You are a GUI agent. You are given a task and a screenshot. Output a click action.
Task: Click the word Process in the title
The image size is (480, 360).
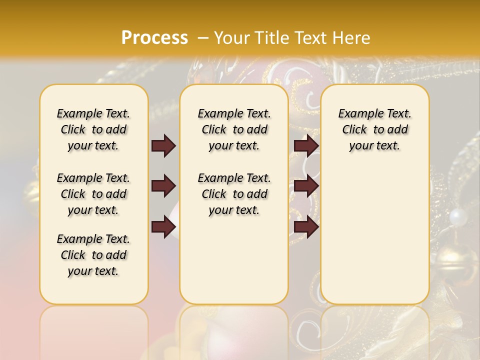point(154,38)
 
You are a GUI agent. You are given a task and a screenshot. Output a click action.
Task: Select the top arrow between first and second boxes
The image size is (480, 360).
point(163,146)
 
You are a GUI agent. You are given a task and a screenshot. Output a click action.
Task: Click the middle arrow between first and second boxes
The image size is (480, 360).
point(163,186)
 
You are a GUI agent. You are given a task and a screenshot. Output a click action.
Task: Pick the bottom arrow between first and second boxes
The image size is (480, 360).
point(163,227)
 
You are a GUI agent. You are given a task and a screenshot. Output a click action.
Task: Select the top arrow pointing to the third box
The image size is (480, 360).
point(306,146)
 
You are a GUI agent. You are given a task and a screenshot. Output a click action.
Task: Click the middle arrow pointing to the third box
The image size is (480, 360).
point(306,186)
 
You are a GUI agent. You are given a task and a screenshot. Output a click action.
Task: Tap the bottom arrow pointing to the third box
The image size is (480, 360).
point(306,227)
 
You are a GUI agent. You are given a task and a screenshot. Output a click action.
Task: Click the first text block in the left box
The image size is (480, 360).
point(93,129)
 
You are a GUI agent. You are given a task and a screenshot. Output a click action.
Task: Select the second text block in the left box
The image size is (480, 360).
point(93,194)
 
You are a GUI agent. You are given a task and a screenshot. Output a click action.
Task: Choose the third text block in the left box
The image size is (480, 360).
point(93,255)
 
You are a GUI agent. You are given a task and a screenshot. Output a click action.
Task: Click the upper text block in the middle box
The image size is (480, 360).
point(234,129)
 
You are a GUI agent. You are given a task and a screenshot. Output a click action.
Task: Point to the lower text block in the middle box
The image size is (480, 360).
point(234,194)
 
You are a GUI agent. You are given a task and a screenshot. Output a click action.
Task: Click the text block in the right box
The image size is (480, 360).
point(374,129)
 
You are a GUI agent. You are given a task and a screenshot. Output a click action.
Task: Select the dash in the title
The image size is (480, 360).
point(203,38)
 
